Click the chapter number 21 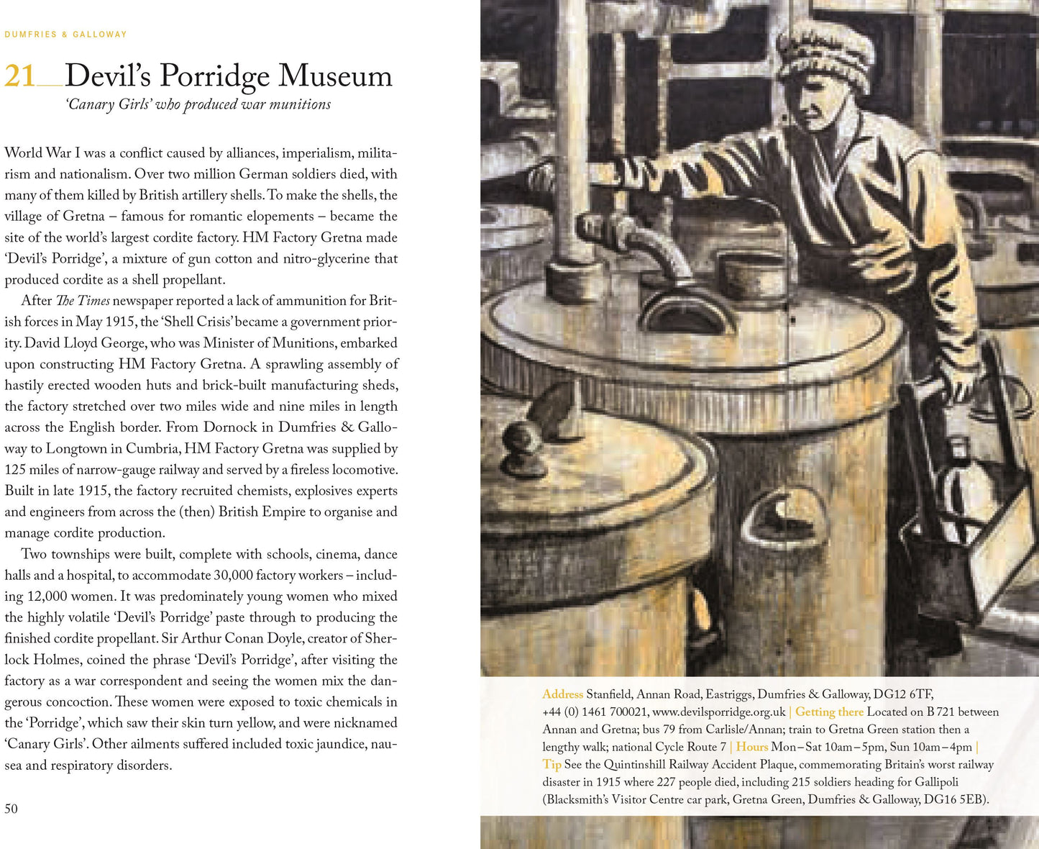click(x=19, y=76)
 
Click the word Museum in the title click(x=335, y=76)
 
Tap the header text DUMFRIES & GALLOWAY click(x=65, y=35)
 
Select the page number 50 click(x=11, y=809)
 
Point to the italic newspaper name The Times click(x=83, y=301)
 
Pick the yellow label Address click(x=562, y=694)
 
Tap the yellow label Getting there click(x=829, y=712)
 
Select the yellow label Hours click(x=751, y=748)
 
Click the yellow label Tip click(x=551, y=765)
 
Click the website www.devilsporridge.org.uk click(x=718, y=712)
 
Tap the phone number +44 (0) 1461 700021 click(x=595, y=712)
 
